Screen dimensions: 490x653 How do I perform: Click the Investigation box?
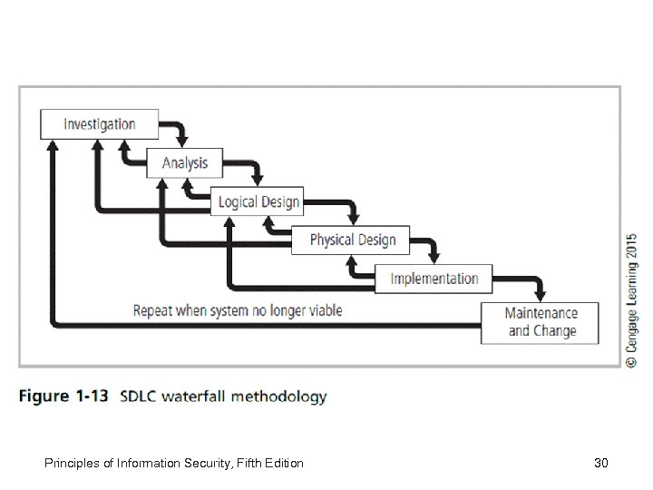(x=99, y=124)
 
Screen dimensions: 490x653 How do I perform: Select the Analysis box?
(x=185, y=163)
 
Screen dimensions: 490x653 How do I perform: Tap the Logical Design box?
(x=258, y=201)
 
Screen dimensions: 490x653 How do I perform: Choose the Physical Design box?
(x=352, y=240)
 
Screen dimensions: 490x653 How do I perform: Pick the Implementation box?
(x=434, y=279)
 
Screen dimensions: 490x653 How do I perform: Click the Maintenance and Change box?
(x=541, y=322)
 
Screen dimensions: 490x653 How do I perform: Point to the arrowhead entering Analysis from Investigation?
(x=184, y=142)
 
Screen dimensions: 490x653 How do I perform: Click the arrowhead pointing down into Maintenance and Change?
(x=541, y=295)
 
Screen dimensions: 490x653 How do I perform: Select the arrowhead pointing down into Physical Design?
(x=354, y=219)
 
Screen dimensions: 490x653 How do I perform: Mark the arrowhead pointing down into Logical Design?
(x=259, y=180)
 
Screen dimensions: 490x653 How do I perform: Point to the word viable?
(x=324, y=311)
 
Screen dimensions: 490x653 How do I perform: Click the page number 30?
(x=599, y=464)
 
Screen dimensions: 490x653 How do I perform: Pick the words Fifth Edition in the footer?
(x=268, y=464)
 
